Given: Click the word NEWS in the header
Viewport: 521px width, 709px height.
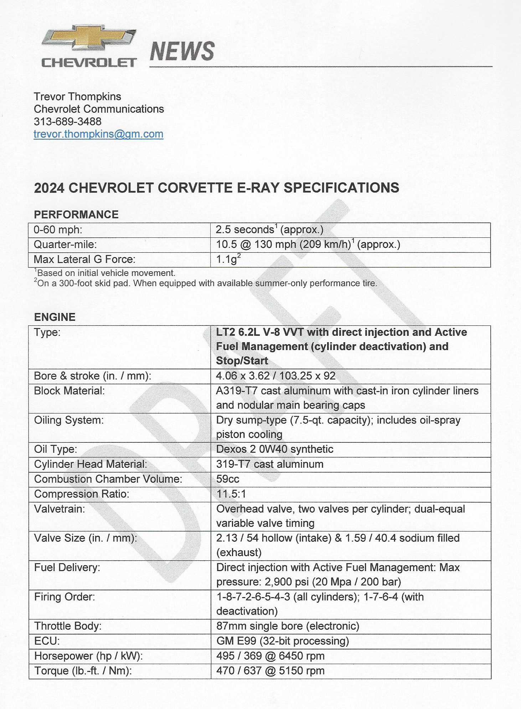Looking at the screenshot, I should pyautogui.click(x=182, y=51).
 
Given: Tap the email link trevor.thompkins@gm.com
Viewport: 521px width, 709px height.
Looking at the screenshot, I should pyautogui.click(x=98, y=134).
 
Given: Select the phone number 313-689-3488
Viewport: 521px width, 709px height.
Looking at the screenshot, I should pyautogui.click(x=68, y=122).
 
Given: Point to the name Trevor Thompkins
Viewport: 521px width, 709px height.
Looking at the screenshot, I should pyautogui.click(x=77, y=97).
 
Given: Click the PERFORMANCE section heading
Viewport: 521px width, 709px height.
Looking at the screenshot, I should pyautogui.click(x=76, y=215).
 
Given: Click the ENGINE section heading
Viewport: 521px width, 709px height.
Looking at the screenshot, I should pyautogui.click(x=55, y=317).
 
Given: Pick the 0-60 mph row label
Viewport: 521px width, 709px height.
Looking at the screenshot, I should pyautogui.click(x=58, y=230).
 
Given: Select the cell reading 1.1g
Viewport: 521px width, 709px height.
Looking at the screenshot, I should pyautogui.click(x=228, y=259).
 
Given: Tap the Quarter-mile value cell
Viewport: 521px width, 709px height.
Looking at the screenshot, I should pyautogui.click(x=308, y=245).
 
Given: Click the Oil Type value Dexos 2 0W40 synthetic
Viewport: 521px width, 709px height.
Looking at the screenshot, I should pyautogui.click(x=274, y=449).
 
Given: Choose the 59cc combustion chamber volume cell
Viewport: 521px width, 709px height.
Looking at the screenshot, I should pyautogui.click(x=228, y=479).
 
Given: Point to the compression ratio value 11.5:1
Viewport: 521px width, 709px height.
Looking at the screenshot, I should pyautogui.click(x=231, y=494).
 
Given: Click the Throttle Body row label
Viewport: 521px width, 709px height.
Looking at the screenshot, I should pyautogui.click(x=68, y=626).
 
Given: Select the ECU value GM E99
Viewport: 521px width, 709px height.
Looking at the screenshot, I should pyautogui.click(x=282, y=641).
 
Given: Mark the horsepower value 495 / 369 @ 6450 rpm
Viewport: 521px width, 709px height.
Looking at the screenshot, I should pyautogui.click(x=270, y=656).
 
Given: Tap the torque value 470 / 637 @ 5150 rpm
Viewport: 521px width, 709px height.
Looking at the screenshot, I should pyautogui.click(x=270, y=671).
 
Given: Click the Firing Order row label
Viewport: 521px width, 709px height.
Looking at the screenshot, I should pyautogui.click(x=65, y=597).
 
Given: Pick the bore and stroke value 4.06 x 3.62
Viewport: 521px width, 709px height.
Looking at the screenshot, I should pyautogui.click(x=275, y=376).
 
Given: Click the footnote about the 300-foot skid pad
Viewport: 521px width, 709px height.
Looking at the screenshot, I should pyautogui.click(x=206, y=283).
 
